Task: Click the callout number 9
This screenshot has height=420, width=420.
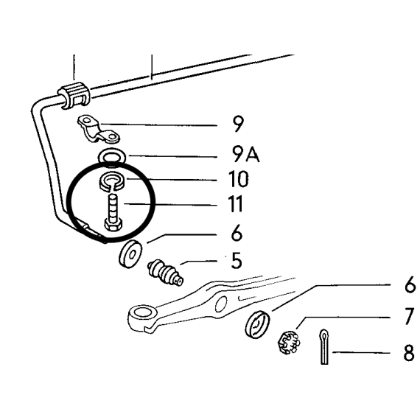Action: tap(238, 124)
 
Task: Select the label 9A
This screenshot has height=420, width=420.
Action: tap(245, 155)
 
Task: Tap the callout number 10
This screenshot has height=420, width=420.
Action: tap(239, 179)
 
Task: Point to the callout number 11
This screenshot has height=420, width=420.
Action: tap(236, 203)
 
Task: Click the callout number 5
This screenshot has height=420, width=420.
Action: tap(237, 260)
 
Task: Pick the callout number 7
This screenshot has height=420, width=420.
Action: tap(410, 316)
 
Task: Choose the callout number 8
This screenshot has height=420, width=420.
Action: tap(409, 352)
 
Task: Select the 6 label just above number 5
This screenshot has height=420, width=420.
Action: tap(237, 233)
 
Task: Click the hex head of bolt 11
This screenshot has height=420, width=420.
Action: tap(113, 224)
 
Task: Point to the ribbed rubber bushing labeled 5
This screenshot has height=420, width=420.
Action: tap(165, 273)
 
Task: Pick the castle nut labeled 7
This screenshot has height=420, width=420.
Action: tap(288, 343)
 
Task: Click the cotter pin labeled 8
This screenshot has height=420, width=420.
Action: tap(324, 347)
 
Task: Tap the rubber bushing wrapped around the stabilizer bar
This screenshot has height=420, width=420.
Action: tap(74, 95)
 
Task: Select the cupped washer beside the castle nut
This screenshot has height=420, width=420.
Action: tap(257, 325)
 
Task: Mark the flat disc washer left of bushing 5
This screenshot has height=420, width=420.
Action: tap(130, 254)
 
